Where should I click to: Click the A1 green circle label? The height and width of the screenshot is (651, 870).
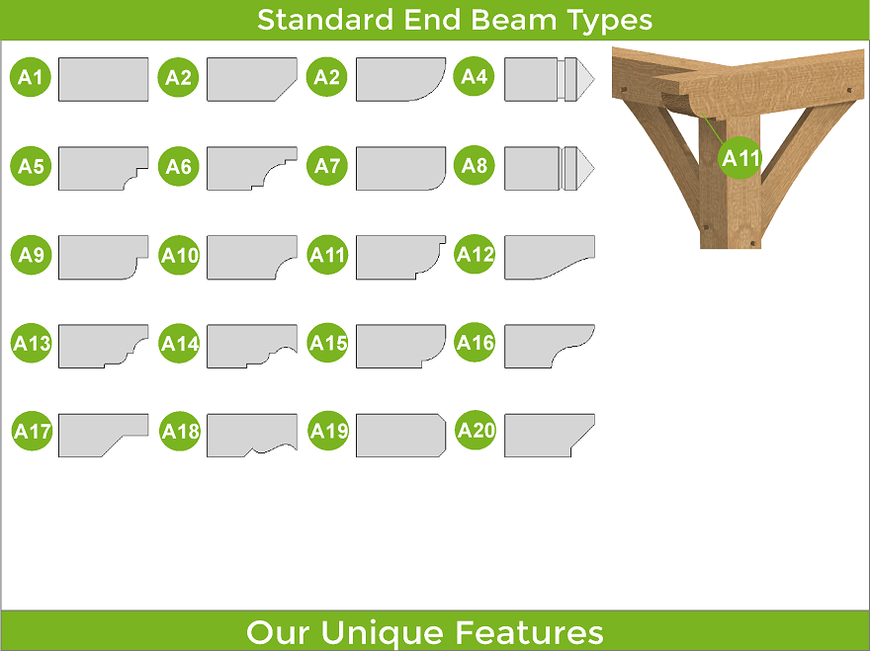tap(31, 76)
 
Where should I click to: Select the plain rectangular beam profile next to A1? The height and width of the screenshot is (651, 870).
tap(103, 79)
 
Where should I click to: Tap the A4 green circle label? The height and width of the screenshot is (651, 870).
tap(474, 76)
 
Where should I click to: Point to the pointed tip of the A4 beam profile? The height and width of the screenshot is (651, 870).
tap(594, 79)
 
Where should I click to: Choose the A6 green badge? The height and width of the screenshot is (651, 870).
tap(178, 166)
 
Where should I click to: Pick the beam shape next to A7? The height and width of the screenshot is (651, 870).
tap(400, 169)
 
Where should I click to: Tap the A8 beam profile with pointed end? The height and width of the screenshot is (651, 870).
tap(549, 169)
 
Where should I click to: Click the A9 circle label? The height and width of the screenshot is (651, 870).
tap(31, 255)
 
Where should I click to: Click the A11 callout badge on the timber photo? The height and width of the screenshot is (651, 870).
tap(740, 158)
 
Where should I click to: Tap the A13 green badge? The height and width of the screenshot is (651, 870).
tap(32, 343)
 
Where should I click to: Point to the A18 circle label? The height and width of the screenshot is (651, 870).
tap(180, 431)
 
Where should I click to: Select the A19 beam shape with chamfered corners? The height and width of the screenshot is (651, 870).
tap(400, 436)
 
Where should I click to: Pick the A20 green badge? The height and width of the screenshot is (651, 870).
tap(476, 430)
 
